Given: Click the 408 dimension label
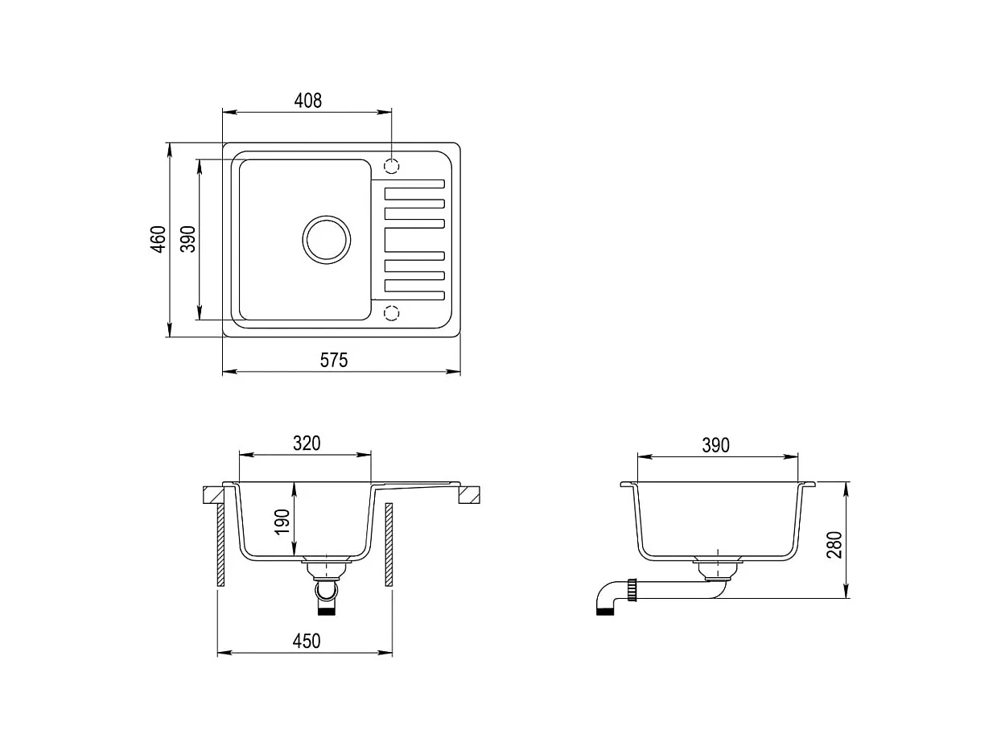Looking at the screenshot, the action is click(308, 101).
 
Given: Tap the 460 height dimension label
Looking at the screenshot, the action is click(159, 239).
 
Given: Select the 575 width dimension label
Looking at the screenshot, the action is click(334, 361).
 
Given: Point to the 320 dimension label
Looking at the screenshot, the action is click(307, 444).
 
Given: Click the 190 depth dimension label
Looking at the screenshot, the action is click(282, 522).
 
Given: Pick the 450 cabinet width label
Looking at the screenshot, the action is click(307, 641).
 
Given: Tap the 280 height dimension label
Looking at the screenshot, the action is click(834, 545).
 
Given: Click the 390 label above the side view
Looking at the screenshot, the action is click(715, 445).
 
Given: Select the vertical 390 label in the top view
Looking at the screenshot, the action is click(187, 239).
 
